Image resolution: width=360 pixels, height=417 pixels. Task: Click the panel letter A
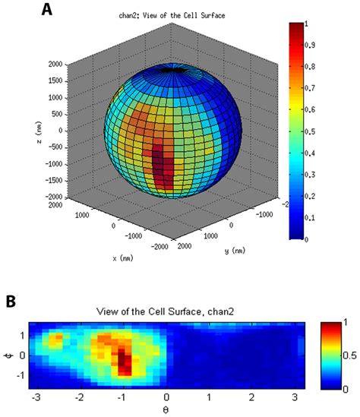pos(47,10)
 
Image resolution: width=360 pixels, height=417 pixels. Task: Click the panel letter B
pos(11,302)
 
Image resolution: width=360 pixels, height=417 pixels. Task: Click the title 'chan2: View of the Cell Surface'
pos(172,15)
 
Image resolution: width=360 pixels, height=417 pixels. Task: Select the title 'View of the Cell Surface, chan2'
pos(165,311)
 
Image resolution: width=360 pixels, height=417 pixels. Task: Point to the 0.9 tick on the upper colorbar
pos(310,45)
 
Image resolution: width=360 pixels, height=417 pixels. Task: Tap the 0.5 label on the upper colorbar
pos(310,131)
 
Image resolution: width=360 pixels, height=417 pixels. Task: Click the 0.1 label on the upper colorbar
pos(310,217)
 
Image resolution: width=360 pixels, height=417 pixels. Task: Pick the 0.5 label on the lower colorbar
pos(349,355)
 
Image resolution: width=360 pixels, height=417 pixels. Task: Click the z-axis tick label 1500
pos(55,81)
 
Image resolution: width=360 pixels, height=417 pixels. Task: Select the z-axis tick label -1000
pos(54,164)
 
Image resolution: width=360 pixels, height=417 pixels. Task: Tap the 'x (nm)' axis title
pos(123,258)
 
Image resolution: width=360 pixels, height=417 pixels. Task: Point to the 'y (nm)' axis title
pos(235,251)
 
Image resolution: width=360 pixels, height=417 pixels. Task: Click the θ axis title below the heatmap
pos(166,410)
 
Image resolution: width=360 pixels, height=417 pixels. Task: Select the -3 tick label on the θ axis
pos(36,397)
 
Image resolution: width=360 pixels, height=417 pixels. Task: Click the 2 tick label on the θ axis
pos(251,397)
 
